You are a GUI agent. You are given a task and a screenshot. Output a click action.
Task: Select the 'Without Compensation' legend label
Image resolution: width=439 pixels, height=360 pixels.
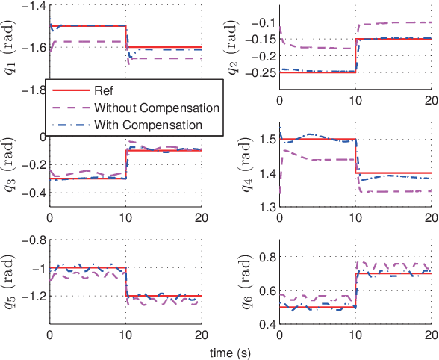[x=156, y=108]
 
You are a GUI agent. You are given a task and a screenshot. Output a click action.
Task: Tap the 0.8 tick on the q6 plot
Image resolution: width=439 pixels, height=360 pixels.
[x=265, y=258]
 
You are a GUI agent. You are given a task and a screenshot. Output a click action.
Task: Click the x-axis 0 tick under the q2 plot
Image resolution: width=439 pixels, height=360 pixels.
[x=279, y=101]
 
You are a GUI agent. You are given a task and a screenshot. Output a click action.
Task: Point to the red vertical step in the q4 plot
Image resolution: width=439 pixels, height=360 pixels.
[x=356, y=156]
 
